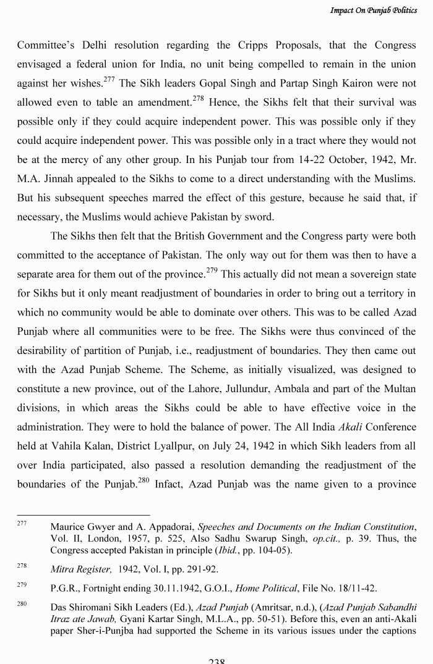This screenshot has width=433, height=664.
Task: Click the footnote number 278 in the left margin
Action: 22,566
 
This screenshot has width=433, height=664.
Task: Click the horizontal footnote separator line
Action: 83,515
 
